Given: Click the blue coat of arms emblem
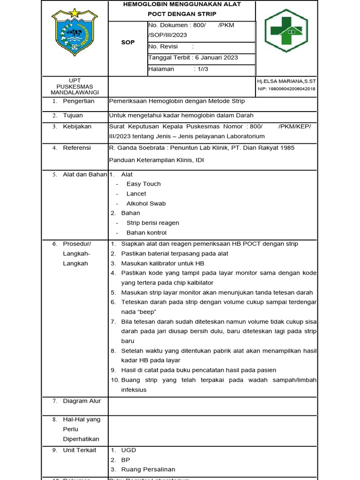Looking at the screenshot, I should (75, 32).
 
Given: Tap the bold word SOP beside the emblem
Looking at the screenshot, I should (127, 42).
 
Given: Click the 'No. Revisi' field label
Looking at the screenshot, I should (160, 46).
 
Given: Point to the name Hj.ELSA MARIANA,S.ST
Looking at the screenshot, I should (286, 82).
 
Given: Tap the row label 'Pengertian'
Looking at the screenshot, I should (78, 101).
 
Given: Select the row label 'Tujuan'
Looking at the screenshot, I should (73, 115).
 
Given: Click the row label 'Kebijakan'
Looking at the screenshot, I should (77, 127).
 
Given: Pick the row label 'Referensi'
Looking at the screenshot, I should (77, 148).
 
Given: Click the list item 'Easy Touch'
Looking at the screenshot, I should (143, 184).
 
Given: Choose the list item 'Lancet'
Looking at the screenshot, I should (136, 194).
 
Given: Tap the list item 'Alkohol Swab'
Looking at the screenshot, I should (146, 203).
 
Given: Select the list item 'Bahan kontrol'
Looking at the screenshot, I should (146, 232).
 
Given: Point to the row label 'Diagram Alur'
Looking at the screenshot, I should (82, 401).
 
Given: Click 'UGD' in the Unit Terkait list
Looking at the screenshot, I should (128, 450).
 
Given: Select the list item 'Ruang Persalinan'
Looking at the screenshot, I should (148, 469).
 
